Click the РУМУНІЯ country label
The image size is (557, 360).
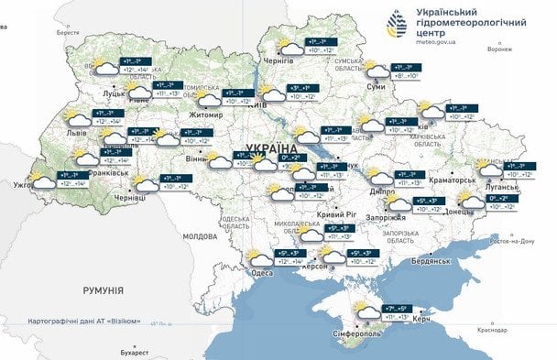pyautogui.click(x=102, y=290)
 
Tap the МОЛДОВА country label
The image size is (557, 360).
pyautogui.click(x=199, y=235)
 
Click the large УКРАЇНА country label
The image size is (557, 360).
pyautogui.click(x=272, y=147)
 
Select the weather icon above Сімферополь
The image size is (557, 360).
pyautogui.click(x=365, y=311)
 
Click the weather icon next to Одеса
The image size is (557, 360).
pyautogui.click(x=259, y=257)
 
